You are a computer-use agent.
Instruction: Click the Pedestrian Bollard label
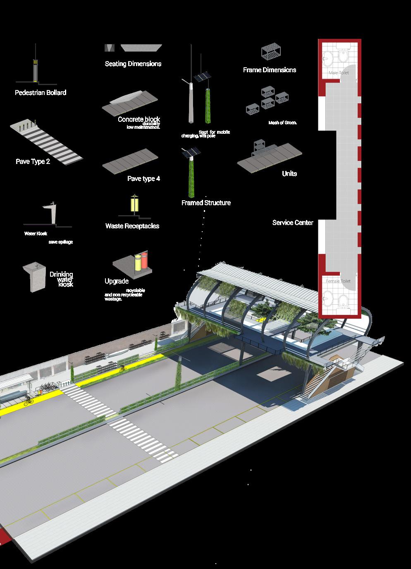point(41,93)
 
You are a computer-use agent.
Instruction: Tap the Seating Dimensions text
point(133,64)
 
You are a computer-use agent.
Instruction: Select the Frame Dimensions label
point(269,70)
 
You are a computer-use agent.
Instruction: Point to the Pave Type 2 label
point(33,162)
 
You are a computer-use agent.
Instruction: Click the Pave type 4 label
point(143,179)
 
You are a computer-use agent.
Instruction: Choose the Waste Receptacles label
point(132,226)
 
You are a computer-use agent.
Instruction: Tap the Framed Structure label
point(206,203)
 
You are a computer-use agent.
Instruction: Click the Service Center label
point(293,223)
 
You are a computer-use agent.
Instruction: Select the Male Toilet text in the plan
point(339,73)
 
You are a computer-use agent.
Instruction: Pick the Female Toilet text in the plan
point(338,281)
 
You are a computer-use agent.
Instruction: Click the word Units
point(289,174)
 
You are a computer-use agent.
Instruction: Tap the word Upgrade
point(117,282)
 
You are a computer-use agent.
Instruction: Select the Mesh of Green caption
point(283,123)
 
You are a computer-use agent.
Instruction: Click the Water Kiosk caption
point(36,234)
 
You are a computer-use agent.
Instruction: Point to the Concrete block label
point(139,119)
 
